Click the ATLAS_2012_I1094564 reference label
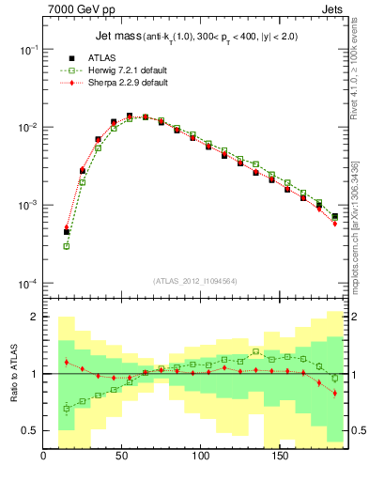pyautogui.click(x=195, y=281)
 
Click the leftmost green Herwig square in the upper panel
pyautogui.click(x=67, y=246)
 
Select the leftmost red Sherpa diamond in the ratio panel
pyautogui.click(x=67, y=362)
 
